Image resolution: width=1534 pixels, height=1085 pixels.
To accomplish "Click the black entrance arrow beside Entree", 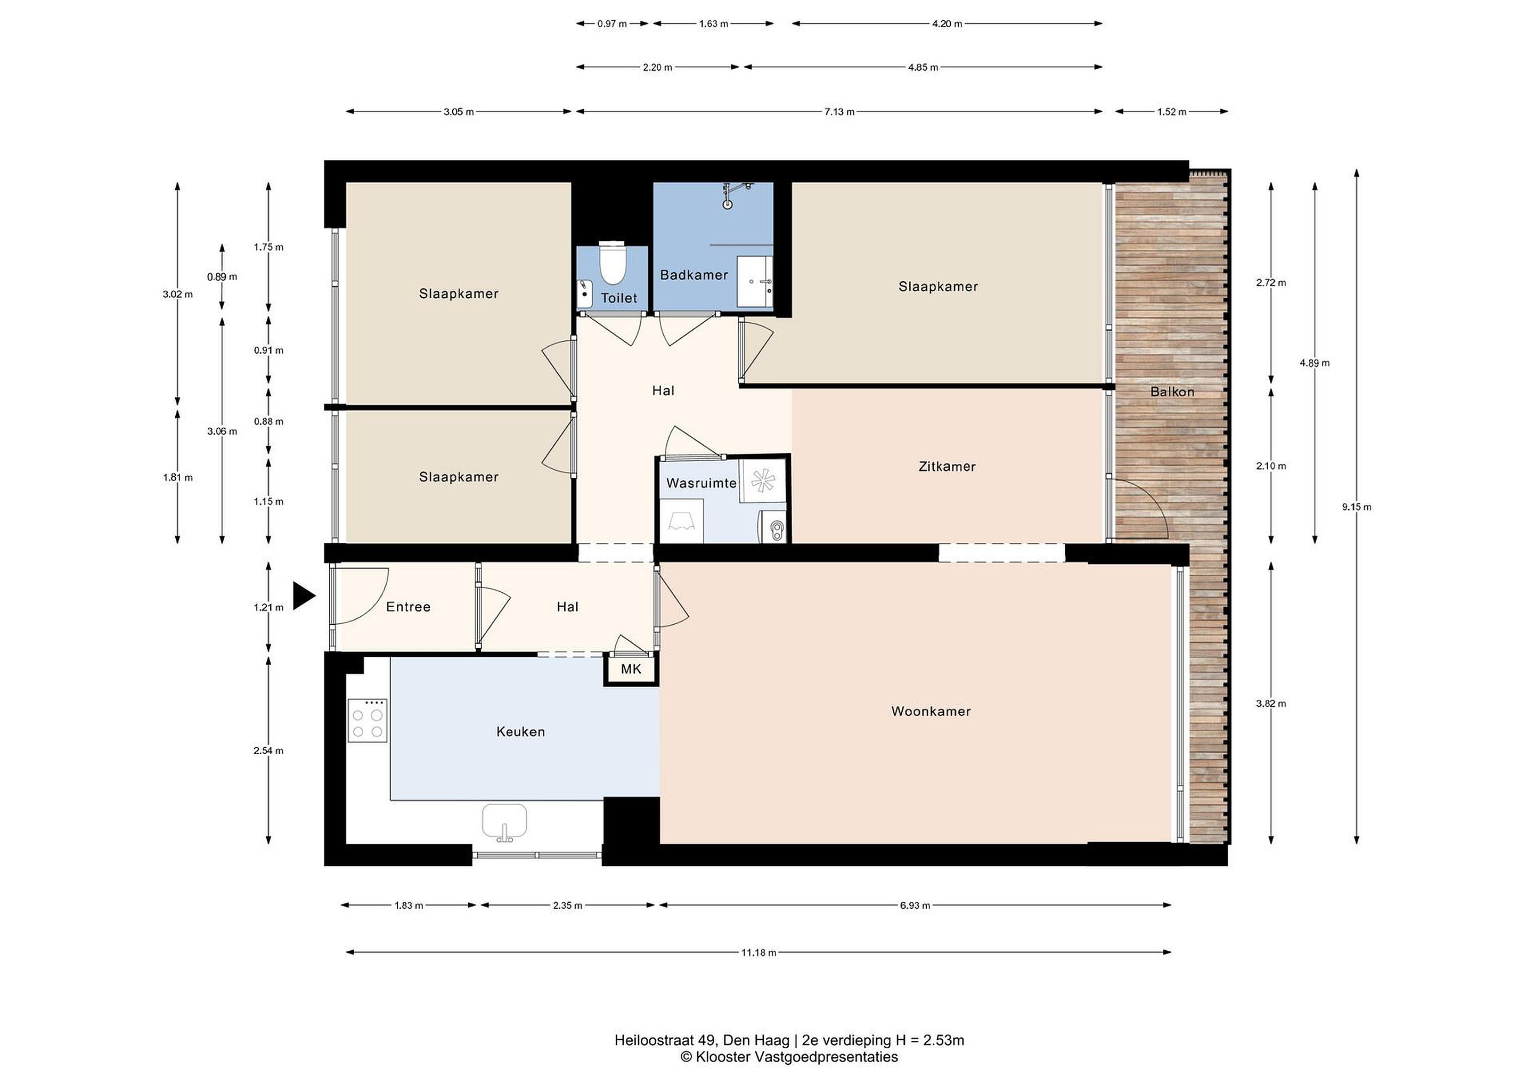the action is point(303,595).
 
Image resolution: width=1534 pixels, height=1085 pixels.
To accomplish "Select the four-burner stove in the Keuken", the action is point(368,720).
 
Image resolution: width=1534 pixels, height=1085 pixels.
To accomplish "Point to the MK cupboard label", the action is point(631,669).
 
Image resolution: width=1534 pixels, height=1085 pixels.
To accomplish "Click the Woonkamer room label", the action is point(931,712).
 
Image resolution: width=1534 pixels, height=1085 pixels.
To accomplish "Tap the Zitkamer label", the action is point(946,467).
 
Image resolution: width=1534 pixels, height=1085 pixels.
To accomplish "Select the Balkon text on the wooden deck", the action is point(1172,392).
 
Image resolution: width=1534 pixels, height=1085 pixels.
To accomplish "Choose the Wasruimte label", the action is point(701,483).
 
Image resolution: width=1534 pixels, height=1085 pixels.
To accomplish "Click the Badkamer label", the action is point(693,275).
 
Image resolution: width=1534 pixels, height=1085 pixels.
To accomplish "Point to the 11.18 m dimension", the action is point(758,953).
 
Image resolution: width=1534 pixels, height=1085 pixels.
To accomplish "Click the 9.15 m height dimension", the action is point(1356,507).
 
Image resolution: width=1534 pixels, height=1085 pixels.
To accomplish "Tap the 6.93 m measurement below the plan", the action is point(915,906).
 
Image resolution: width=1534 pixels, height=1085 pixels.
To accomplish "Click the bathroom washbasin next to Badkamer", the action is point(755,282).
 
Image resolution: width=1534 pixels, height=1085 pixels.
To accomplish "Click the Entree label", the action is point(408,607).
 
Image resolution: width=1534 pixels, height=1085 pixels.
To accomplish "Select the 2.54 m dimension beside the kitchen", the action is point(268,751).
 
